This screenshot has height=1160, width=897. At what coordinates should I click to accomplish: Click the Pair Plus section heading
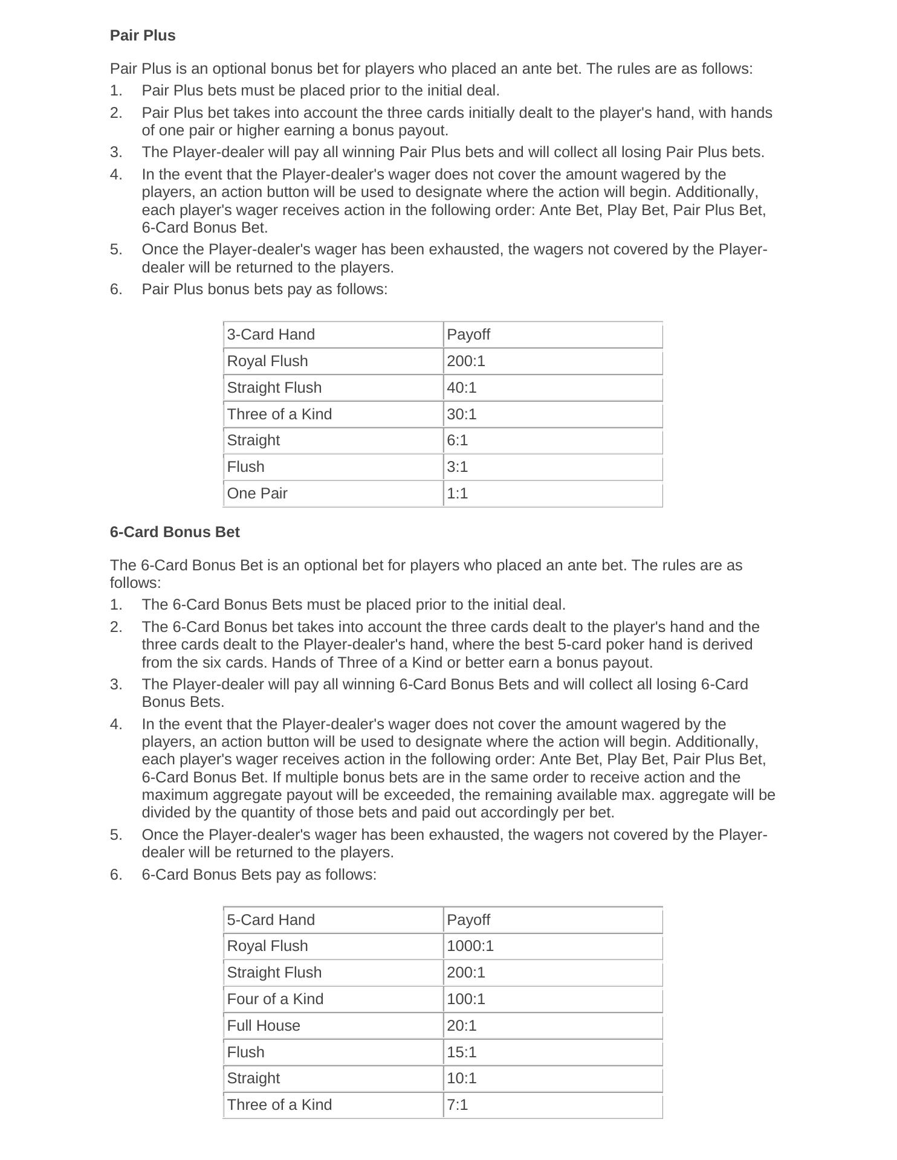pos(143,36)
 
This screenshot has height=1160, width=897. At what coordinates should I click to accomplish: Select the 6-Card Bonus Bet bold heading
pos(175,532)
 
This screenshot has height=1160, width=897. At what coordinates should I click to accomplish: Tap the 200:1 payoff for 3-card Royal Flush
pos(466,361)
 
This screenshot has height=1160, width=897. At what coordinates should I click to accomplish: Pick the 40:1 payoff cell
pos(462,388)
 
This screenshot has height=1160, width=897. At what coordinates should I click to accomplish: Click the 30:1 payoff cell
pos(462,414)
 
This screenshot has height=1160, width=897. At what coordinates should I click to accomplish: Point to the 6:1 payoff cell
pos(458,440)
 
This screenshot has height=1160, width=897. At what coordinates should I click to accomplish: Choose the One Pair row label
pos(257,494)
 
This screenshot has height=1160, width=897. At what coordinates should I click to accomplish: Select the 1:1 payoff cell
pos(458,494)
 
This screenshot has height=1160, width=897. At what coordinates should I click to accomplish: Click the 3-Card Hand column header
pos(271,335)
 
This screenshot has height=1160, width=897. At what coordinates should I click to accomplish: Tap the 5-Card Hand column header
pos(271,920)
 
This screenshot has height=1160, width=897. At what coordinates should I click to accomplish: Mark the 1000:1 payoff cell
pos(470,946)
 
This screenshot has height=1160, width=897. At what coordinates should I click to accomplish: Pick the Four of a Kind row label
pos(275,999)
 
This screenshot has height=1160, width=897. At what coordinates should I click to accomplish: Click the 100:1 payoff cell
pos(466,999)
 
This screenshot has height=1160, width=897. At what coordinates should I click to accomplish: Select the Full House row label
pos(264,1026)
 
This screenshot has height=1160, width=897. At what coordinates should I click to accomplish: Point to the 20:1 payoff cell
pos(462,1026)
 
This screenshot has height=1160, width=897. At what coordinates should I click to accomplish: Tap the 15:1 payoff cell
pos(462,1052)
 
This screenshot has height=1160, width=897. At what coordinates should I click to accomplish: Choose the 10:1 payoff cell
pos(462,1078)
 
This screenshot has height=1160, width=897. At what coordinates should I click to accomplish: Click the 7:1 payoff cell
pos(458,1105)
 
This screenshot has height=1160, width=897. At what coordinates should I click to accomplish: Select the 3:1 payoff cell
pos(458,467)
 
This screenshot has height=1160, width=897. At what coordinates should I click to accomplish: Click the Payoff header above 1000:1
pos(468,920)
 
